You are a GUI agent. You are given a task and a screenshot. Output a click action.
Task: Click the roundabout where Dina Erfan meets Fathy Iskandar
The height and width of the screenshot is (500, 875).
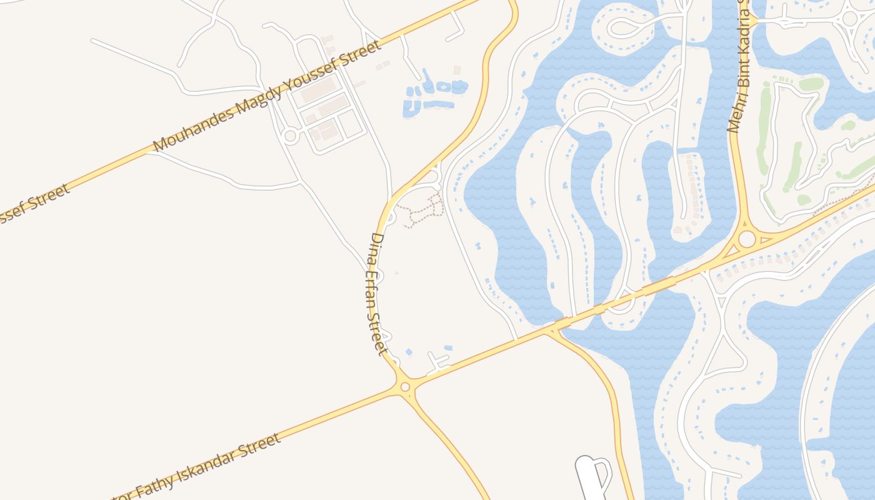(405, 387)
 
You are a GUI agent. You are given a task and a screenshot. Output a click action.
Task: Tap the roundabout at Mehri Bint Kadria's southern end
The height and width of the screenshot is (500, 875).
(747, 239)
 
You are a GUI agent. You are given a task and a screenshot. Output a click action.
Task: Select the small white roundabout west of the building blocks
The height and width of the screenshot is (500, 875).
(290, 136)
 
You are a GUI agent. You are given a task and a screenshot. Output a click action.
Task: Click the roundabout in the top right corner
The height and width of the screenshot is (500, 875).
(849, 17)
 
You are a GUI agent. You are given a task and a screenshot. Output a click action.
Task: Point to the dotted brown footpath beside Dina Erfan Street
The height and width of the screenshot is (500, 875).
(421, 211)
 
